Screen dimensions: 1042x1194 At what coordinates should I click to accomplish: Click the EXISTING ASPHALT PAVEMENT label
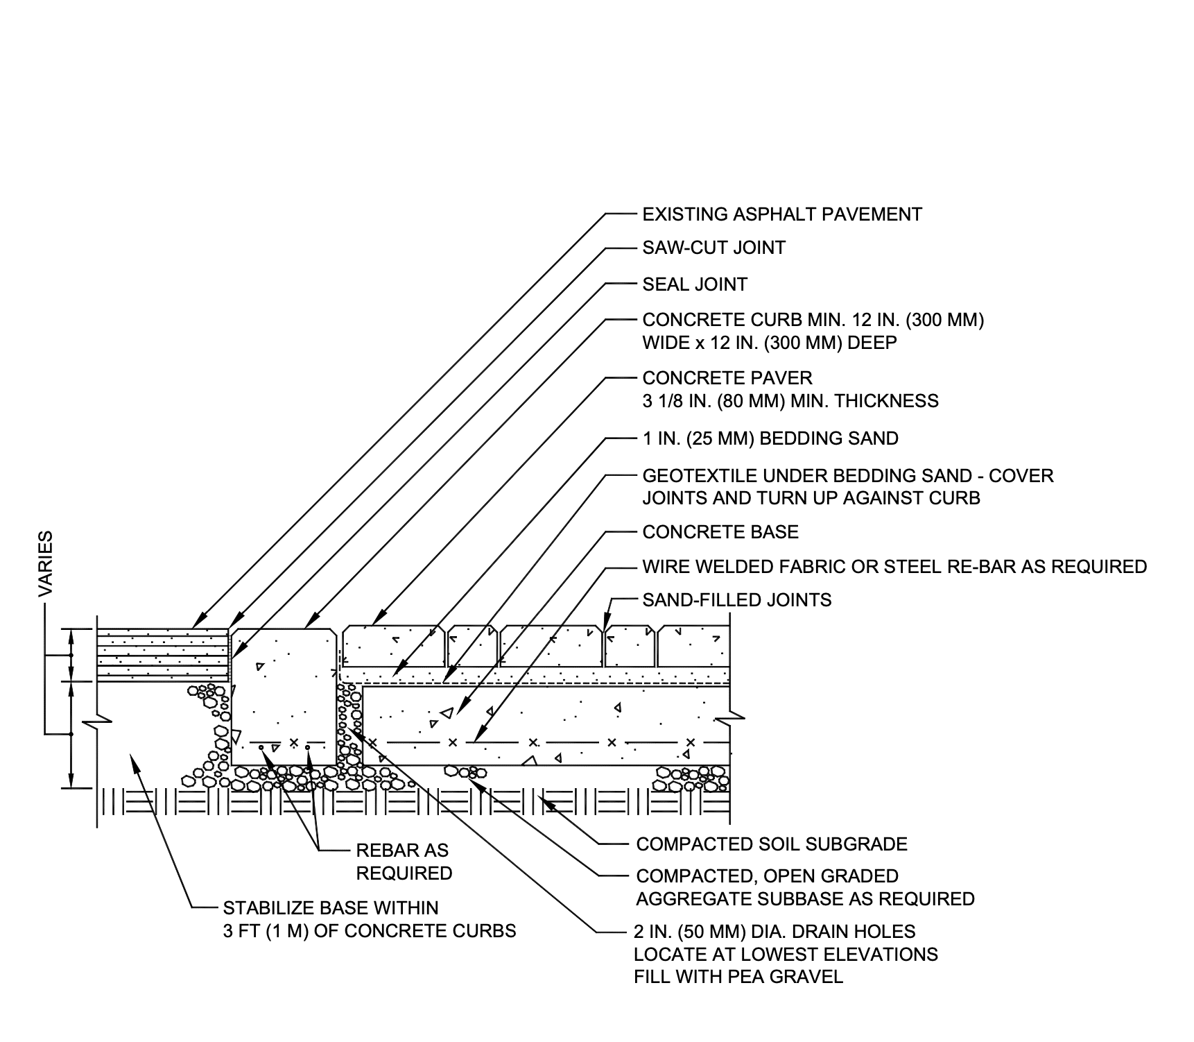coord(781,214)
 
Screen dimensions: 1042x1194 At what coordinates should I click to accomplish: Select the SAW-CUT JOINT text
coord(713,248)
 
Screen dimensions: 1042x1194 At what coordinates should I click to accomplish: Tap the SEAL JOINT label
coord(695,284)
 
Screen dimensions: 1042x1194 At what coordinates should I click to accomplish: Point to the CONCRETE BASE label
coord(720,532)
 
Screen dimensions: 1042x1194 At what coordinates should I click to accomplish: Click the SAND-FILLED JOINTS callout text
coord(736,599)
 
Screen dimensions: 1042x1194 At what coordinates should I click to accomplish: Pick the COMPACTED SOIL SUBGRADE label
coord(772,844)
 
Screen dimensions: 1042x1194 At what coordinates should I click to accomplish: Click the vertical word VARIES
coord(46,564)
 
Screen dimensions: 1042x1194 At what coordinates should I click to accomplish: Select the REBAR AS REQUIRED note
coord(404,862)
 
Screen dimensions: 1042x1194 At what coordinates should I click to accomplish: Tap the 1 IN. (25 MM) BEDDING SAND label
coord(770,438)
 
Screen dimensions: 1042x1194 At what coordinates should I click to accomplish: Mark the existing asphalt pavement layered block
coord(163,655)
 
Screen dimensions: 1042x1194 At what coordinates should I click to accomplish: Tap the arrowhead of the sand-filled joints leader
coord(605,626)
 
